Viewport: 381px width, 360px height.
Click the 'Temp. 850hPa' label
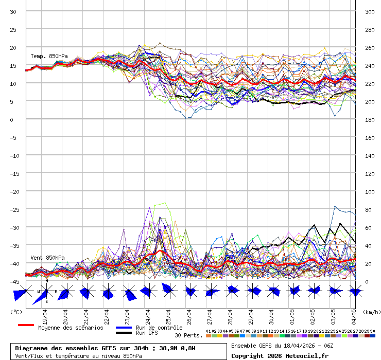click(49, 56)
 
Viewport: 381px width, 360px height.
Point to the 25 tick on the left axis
click(13, 29)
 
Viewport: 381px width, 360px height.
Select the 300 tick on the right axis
click(369, 11)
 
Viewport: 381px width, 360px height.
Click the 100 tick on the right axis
click(369, 191)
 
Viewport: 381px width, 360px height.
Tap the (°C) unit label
click(16, 312)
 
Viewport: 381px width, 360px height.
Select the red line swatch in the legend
click(26, 325)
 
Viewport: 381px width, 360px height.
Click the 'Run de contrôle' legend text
click(159, 328)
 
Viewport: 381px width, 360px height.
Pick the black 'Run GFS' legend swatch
click(124, 333)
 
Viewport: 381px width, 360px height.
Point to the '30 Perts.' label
click(188, 335)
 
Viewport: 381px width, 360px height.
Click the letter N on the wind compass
click(47, 281)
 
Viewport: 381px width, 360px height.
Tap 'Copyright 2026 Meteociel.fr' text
click(280, 355)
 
